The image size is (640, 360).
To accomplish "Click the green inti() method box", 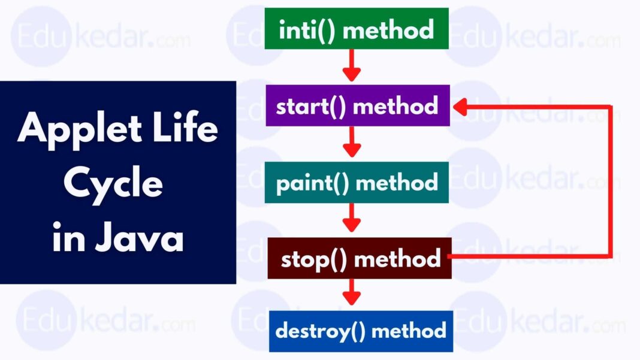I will (357, 29).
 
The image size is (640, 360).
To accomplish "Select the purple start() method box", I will (357, 106).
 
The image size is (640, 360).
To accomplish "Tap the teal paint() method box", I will (357, 183).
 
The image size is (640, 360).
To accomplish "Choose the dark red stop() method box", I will (360, 259).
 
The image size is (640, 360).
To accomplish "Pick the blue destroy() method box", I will (361, 331).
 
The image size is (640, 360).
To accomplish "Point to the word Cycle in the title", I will (113, 184).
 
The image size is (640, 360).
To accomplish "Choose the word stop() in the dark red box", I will (315, 259).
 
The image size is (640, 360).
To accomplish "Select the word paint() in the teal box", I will (312, 183).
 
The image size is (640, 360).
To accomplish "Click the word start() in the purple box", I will (312, 106).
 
